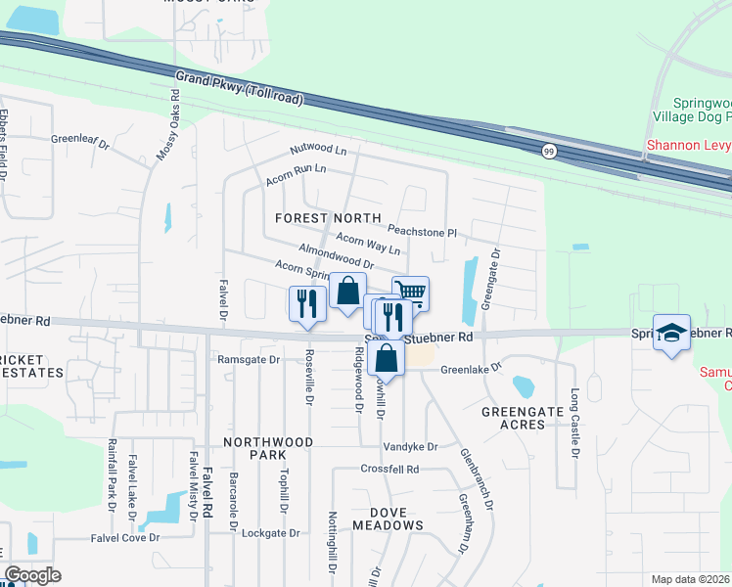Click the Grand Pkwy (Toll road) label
[x=241, y=88]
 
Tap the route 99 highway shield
[x=549, y=150]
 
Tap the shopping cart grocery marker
[x=411, y=292]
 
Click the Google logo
[x=32, y=575]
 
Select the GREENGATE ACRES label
[x=513, y=418]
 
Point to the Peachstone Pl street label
[x=422, y=231]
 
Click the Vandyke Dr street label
[x=410, y=446]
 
